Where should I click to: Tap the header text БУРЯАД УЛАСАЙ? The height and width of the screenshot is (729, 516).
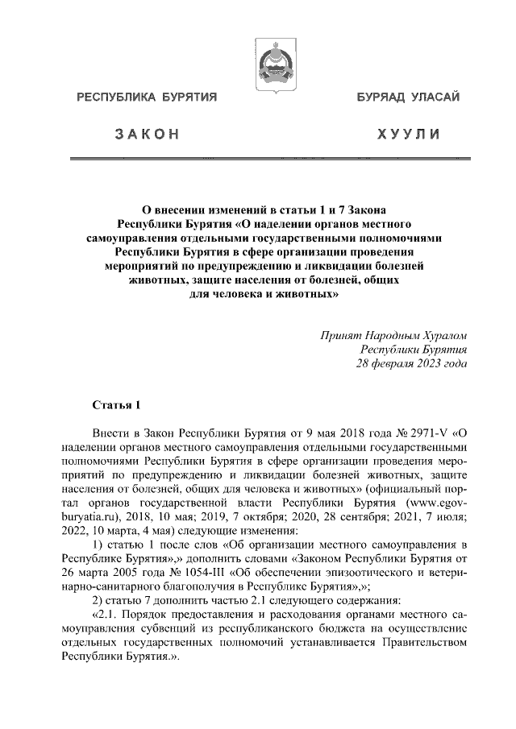coord(409,98)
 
